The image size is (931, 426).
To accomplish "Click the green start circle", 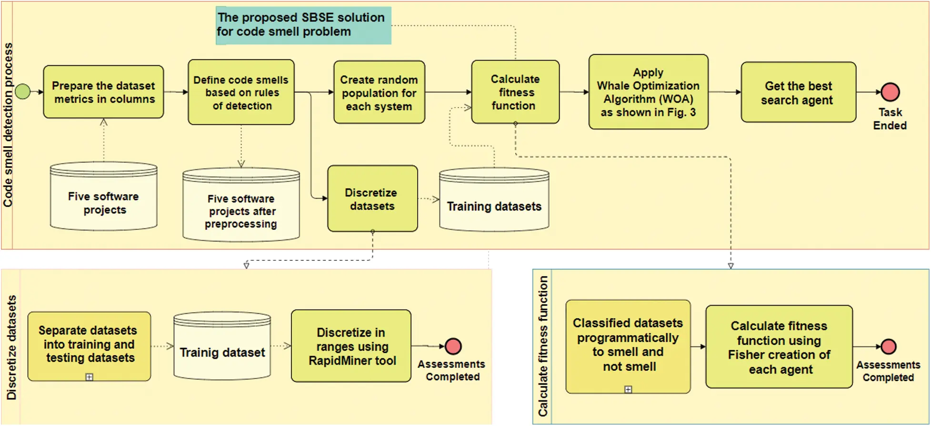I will pos(22,91).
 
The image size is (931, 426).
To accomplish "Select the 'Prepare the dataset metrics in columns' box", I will pos(103,92).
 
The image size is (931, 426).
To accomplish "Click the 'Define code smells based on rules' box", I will pos(241,92).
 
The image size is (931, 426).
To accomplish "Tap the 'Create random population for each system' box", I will pos(379,92).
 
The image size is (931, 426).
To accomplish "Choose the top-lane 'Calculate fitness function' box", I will pos(515,92).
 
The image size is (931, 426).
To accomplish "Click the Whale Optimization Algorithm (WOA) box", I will pos(648,92).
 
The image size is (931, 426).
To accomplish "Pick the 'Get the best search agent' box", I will pos(798,92).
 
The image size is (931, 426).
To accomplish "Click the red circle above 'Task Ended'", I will pos(890,92).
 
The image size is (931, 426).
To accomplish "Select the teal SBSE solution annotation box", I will pos(303,25).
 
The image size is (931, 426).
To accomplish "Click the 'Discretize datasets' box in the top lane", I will pos(372,199).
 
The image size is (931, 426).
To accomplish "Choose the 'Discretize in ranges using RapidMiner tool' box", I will pos(351,346).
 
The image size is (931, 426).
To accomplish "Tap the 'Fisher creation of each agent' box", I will pos(779,347).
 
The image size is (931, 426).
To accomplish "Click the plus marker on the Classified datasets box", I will pos(628,389).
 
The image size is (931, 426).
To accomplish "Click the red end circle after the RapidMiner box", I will pos(453,346).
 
